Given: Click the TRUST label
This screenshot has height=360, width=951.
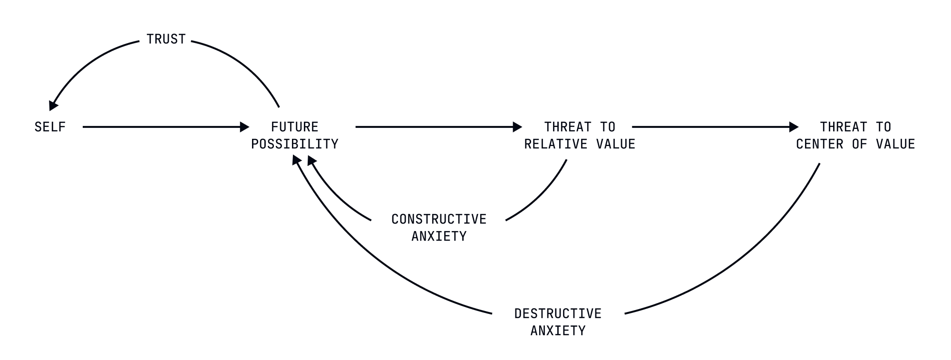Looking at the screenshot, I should pyautogui.click(x=166, y=39).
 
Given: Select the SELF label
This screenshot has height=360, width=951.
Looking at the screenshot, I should pyautogui.click(x=50, y=127).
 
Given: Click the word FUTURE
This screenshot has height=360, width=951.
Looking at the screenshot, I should pyautogui.click(x=294, y=127).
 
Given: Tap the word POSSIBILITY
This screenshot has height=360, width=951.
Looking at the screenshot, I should pyautogui.click(x=294, y=144).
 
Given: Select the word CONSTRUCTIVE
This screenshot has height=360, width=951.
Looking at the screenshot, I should pyautogui.click(x=439, y=219).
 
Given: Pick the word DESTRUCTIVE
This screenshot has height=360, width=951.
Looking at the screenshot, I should pyautogui.click(x=558, y=314).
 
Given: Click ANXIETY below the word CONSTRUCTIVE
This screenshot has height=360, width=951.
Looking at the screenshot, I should pyautogui.click(x=439, y=236).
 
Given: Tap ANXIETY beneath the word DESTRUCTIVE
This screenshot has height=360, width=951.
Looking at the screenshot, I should pyautogui.click(x=558, y=331).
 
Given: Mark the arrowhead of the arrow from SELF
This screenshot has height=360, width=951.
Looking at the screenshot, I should pyautogui.click(x=244, y=127).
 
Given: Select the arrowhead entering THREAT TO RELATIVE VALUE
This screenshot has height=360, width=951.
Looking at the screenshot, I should pyautogui.click(x=517, y=127).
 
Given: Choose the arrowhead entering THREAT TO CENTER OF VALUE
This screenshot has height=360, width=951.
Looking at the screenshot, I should pyautogui.click(x=794, y=127).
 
